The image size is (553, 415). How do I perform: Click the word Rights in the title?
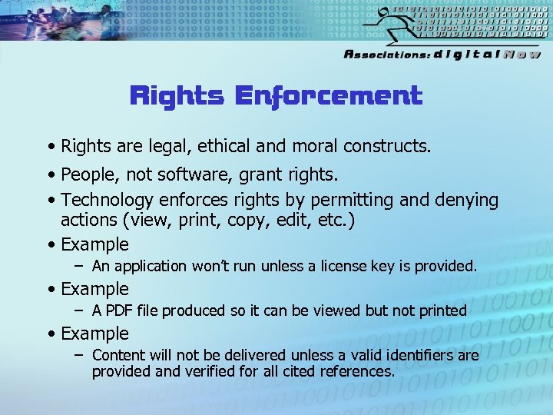[x=177, y=96]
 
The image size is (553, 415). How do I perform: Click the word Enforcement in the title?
[x=328, y=96]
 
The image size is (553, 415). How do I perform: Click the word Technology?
[x=108, y=201]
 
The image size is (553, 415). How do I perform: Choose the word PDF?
[x=118, y=310]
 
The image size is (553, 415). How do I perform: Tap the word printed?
[x=439, y=310]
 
